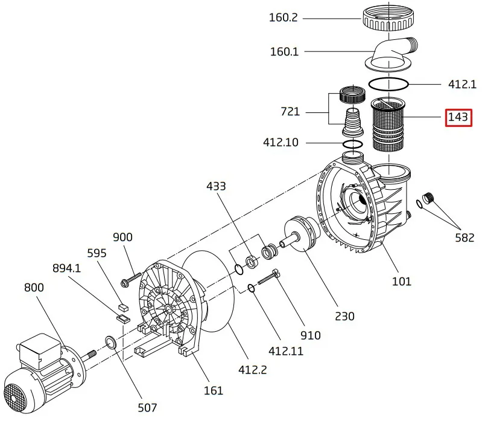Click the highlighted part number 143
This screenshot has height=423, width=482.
click(x=458, y=117)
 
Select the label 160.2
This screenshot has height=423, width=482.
click(x=283, y=18)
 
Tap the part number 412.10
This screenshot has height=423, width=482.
click(x=281, y=142)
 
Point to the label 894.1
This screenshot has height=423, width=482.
click(x=66, y=268)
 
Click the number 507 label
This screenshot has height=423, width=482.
click(x=147, y=408)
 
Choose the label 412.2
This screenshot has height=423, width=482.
click(x=253, y=369)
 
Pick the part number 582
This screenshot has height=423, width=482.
click(x=465, y=237)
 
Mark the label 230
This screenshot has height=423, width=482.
click(x=344, y=316)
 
